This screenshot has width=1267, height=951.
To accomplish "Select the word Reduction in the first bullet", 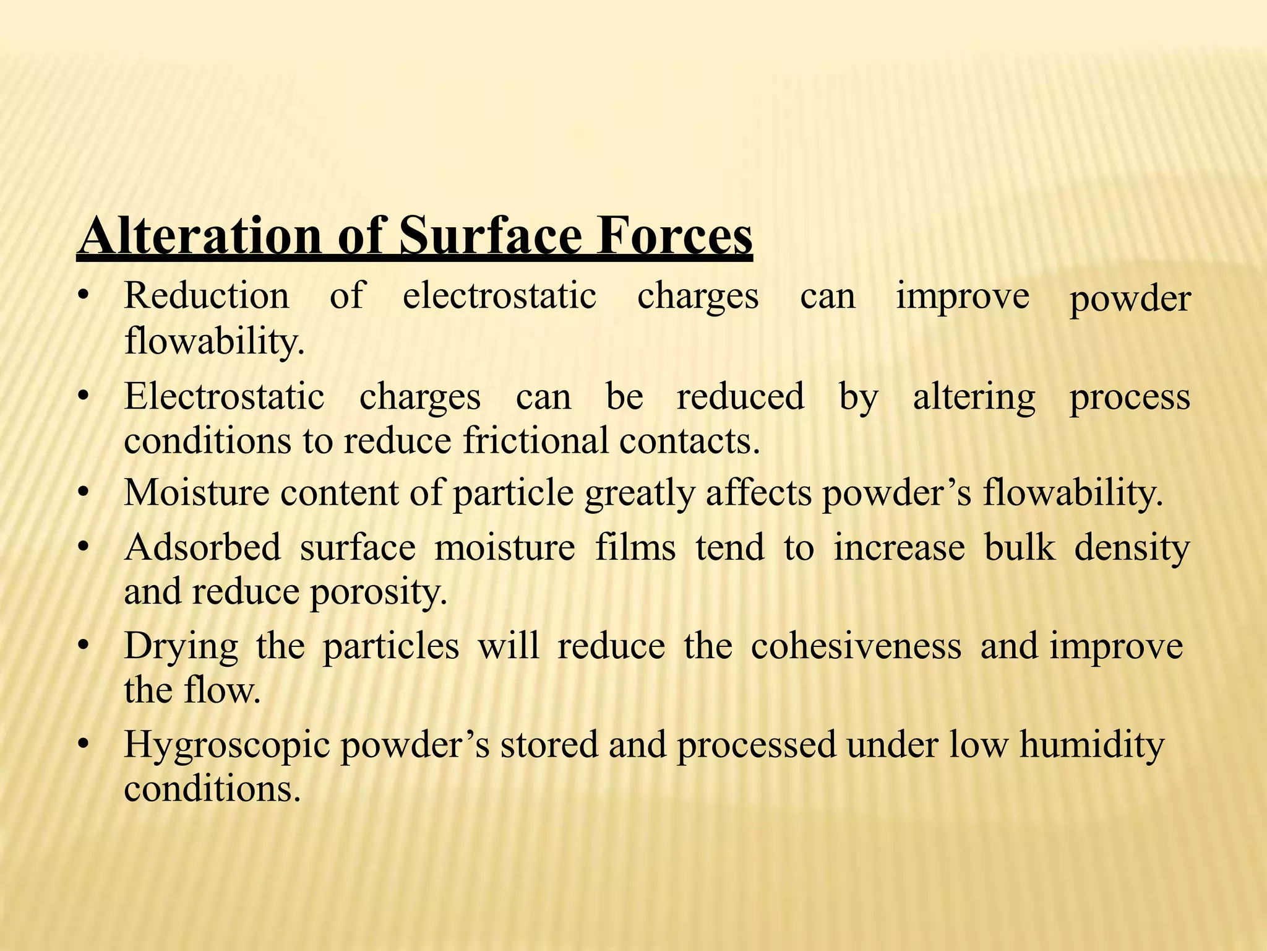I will click(207, 295).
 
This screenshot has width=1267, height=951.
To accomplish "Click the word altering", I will click(974, 396).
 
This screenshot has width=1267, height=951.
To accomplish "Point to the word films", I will click(635, 547).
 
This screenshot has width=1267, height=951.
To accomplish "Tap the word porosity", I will click(378, 593).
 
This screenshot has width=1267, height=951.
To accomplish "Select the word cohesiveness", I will click(856, 646).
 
